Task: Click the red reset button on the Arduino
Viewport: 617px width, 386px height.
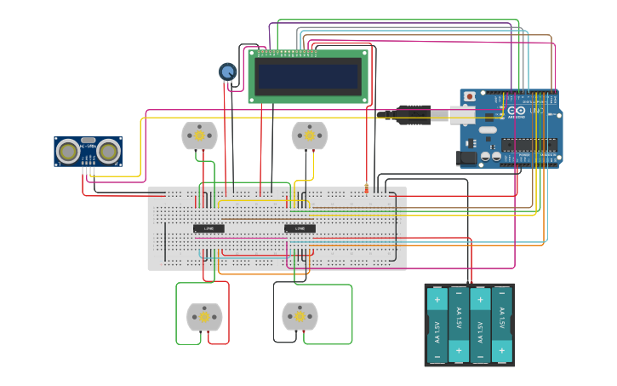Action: [x=469, y=97]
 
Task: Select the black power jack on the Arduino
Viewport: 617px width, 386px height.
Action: [x=466, y=157]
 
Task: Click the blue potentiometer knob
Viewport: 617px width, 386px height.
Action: [x=227, y=72]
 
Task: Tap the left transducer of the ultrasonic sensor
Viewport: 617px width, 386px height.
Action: [x=67, y=151]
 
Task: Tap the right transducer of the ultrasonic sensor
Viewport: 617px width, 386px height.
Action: [x=107, y=151]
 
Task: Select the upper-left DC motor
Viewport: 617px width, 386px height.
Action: [x=200, y=135]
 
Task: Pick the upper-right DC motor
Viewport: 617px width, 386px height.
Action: [x=309, y=135]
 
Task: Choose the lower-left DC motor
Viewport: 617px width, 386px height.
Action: [x=204, y=317]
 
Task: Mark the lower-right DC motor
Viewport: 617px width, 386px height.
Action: [x=300, y=316]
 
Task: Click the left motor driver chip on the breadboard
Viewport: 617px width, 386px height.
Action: [x=209, y=228]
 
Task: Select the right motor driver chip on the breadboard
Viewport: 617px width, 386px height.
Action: [x=300, y=228]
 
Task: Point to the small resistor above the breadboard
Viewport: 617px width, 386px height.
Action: [x=367, y=188]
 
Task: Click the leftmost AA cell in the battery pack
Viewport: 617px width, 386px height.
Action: [x=437, y=325]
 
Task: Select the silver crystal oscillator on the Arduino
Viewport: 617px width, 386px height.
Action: [x=487, y=130]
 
